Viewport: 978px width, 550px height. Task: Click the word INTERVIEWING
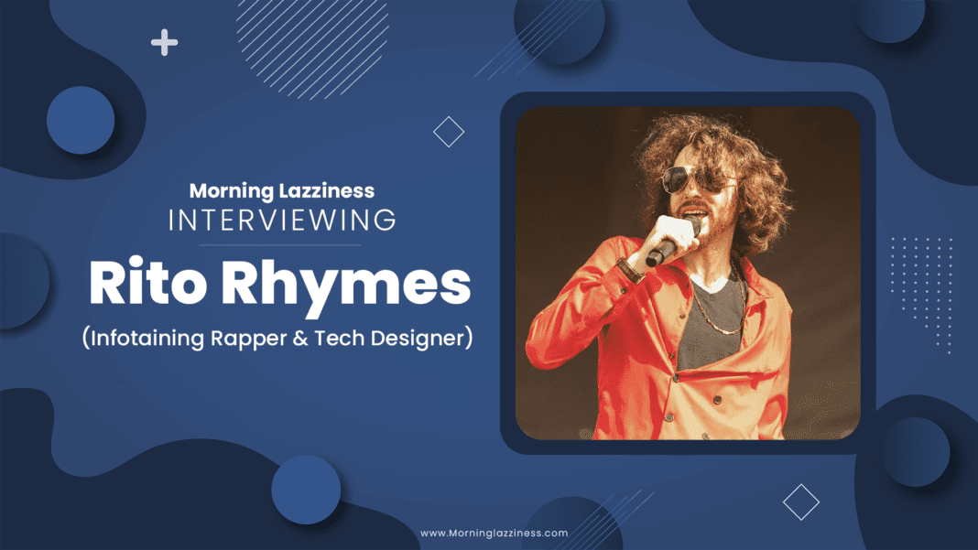coord(282,221)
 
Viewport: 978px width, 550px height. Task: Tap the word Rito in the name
coord(147,283)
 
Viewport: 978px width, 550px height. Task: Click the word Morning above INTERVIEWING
coord(231,191)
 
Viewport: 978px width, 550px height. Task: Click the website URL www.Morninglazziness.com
coord(494,534)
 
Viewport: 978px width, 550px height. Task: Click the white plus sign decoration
coord(164,42)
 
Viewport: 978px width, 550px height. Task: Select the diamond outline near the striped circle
coord(449,132)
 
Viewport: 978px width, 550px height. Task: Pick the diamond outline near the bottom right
coord(801,502)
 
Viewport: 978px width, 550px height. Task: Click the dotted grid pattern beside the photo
coord(922,294)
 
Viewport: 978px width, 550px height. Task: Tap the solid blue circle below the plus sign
coord(81,121)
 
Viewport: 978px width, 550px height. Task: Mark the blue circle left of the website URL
coord(306,490)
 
